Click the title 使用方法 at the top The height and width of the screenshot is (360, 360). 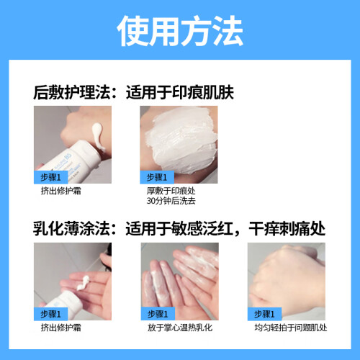[180, 31]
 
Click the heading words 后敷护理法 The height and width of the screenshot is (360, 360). [72, 92]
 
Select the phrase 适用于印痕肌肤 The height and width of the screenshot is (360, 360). [180, 92]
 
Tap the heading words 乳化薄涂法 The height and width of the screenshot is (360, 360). [72, 228]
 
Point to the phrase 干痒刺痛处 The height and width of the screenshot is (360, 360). [287, 228]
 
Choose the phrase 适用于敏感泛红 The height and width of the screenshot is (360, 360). [179, 228]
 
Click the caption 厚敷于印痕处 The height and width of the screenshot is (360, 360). [171, 191]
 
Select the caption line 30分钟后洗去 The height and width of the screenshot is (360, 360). [171, 201]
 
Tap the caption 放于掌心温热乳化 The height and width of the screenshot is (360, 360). [180, 328]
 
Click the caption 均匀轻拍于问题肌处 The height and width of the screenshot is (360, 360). [291, 328]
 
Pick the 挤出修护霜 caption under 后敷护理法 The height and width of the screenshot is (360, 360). [61, 191]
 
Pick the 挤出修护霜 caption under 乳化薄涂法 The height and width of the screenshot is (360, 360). [61, 328]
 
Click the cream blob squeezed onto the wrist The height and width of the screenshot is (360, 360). [98, 135]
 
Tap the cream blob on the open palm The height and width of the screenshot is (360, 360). [83, 283]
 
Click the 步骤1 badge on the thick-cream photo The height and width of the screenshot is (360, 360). [157, 177]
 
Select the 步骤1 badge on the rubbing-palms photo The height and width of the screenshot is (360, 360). [158, 314]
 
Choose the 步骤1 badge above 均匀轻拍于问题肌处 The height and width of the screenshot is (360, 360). [264, 314]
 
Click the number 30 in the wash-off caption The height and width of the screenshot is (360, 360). [150, 201]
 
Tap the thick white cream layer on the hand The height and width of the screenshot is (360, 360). [181, 142]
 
